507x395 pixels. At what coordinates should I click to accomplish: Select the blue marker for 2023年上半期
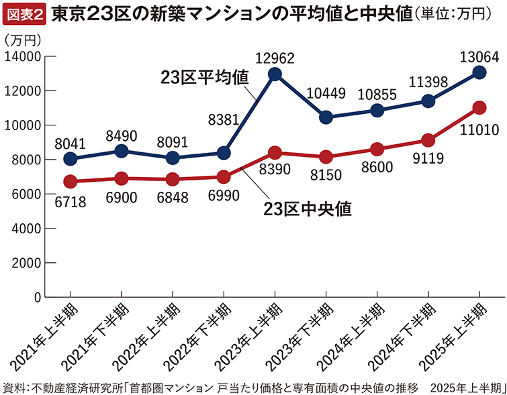tap(274, 74)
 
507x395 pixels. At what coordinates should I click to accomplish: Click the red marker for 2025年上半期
tap(479, 107)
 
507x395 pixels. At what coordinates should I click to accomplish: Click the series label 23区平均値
tap(205, 76)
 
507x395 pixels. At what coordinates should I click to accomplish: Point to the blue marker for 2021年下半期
tap(121, 151)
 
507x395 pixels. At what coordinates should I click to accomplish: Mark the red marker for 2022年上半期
tap(172, 179)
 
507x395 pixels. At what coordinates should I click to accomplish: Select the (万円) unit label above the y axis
tap(22, 40)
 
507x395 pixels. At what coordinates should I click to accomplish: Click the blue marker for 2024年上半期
tap(377, 110)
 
